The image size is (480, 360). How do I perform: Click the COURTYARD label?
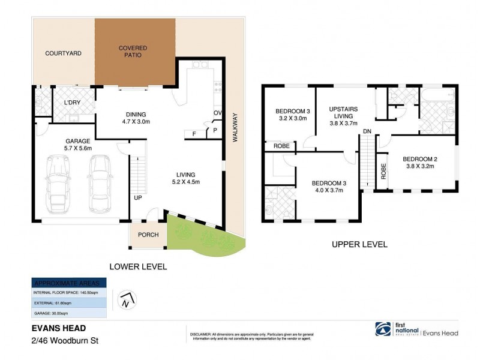pos(63,53)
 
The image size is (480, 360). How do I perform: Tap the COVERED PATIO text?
pos(133,52)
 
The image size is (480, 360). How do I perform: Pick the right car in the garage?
pos(101,184)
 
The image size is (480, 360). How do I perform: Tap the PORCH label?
pos(148,235)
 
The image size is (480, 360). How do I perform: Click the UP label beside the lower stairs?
pos(137,197)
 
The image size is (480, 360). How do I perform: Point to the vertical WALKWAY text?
pos(235,127)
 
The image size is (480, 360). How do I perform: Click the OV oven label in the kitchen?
pos(218,113)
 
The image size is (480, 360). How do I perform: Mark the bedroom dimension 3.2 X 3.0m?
pos(291,118)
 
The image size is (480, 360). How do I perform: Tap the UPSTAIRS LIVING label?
pos(343,113)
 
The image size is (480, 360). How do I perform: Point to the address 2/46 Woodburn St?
pos(65,340)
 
